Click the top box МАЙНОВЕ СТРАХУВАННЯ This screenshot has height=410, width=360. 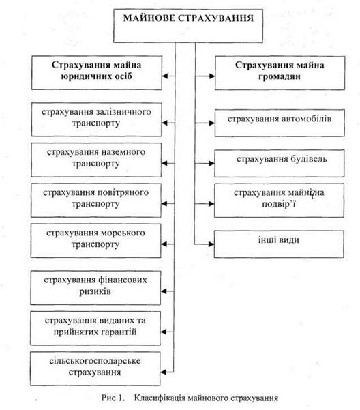tap(188, 26)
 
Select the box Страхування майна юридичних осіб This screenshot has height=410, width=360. tap(97, 72)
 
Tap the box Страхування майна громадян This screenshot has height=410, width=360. tap(280, 73)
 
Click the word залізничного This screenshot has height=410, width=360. tap(123, 112)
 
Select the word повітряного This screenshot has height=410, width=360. tap(123, 192)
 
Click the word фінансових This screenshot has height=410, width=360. tap(123, 280)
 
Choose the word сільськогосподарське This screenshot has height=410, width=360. tap(95, 361)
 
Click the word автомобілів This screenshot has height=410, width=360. tap(307, 119)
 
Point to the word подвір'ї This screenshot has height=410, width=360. tap(279, 204)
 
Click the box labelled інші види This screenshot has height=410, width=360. tap(279, 244)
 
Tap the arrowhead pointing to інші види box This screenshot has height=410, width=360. tap(211, 244)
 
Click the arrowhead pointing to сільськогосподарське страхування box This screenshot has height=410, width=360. tap(164, 372)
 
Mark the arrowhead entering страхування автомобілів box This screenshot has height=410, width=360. tap(211, 123)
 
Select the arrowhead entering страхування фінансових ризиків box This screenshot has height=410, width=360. tap(164, 291)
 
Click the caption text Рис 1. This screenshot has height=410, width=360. tap(112, 398)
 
